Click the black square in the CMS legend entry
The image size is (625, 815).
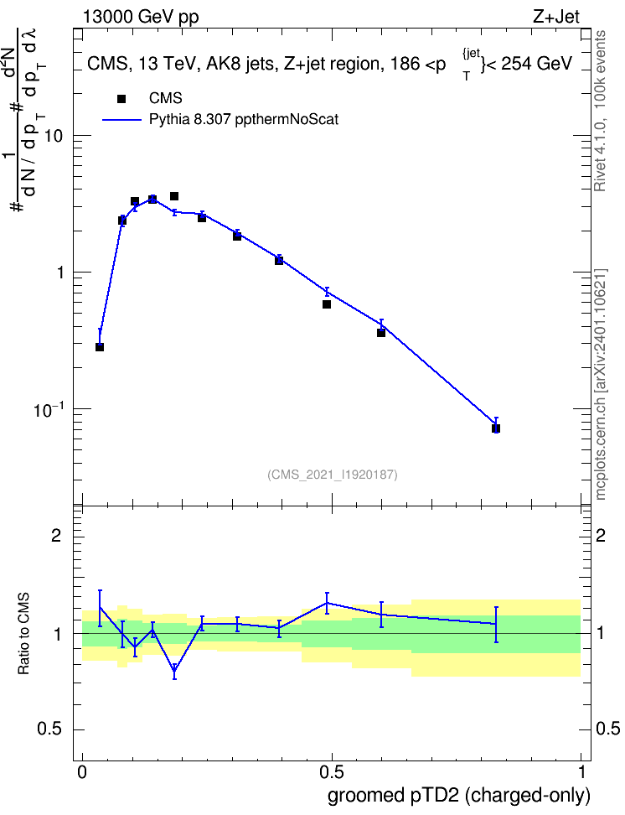click(121, 99)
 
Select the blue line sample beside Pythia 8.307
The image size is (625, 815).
click(121, 120)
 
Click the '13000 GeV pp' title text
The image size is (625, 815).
click(141, 17)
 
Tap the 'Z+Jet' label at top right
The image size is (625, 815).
click(556, 17)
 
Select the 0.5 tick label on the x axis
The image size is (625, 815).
click(332, 772)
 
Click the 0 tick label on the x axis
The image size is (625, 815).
click(82, 772)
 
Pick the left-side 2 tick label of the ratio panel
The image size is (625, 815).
click(56, 535)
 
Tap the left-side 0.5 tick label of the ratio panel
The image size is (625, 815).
click(50, 729)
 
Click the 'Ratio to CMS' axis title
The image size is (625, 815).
click(23, 634)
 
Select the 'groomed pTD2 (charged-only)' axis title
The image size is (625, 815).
click(459, 796)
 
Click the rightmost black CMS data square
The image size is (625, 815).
click(496, 428)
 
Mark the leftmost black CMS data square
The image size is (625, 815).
click(100, 346)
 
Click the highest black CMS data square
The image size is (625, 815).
click(174, 196)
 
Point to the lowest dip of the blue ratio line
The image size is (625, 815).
click(174, 672)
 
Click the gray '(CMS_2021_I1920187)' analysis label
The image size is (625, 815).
click(333, 475)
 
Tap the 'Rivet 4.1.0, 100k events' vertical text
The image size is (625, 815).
click(600, 111)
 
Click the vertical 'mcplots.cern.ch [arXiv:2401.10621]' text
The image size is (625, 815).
click(601, 384)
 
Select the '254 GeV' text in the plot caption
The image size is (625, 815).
click(536, 64)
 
